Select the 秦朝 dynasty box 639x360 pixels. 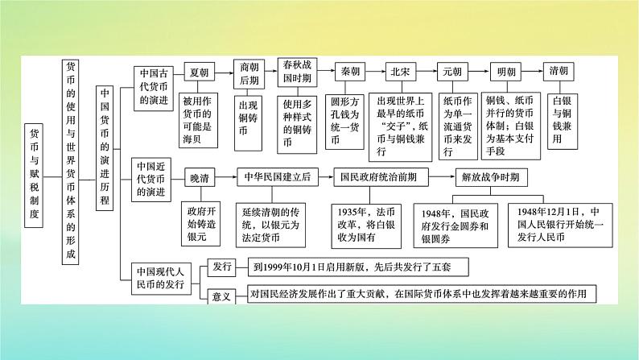click(x=351, y=72)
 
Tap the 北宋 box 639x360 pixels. click(x=400, y=72)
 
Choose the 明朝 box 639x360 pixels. click(x=507, y=72)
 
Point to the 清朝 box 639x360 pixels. click(x=559, y=72)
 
